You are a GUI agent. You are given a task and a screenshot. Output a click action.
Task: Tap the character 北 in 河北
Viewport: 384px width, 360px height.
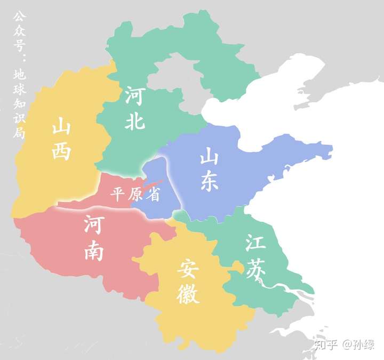click(135, 121)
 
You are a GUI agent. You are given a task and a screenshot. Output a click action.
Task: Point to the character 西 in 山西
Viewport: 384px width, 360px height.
click(62, 151)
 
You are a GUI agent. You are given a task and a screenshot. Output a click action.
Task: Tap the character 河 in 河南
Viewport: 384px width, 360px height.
click(94, 226)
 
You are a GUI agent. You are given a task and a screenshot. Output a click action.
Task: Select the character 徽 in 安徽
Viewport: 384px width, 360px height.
click(188, 295)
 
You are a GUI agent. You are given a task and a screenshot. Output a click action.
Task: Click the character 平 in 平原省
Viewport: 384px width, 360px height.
click(117, 194)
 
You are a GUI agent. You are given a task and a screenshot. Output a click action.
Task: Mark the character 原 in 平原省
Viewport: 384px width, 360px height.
click(135, 194)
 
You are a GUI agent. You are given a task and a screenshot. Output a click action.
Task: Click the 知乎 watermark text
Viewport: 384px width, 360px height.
click(326, 345)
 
